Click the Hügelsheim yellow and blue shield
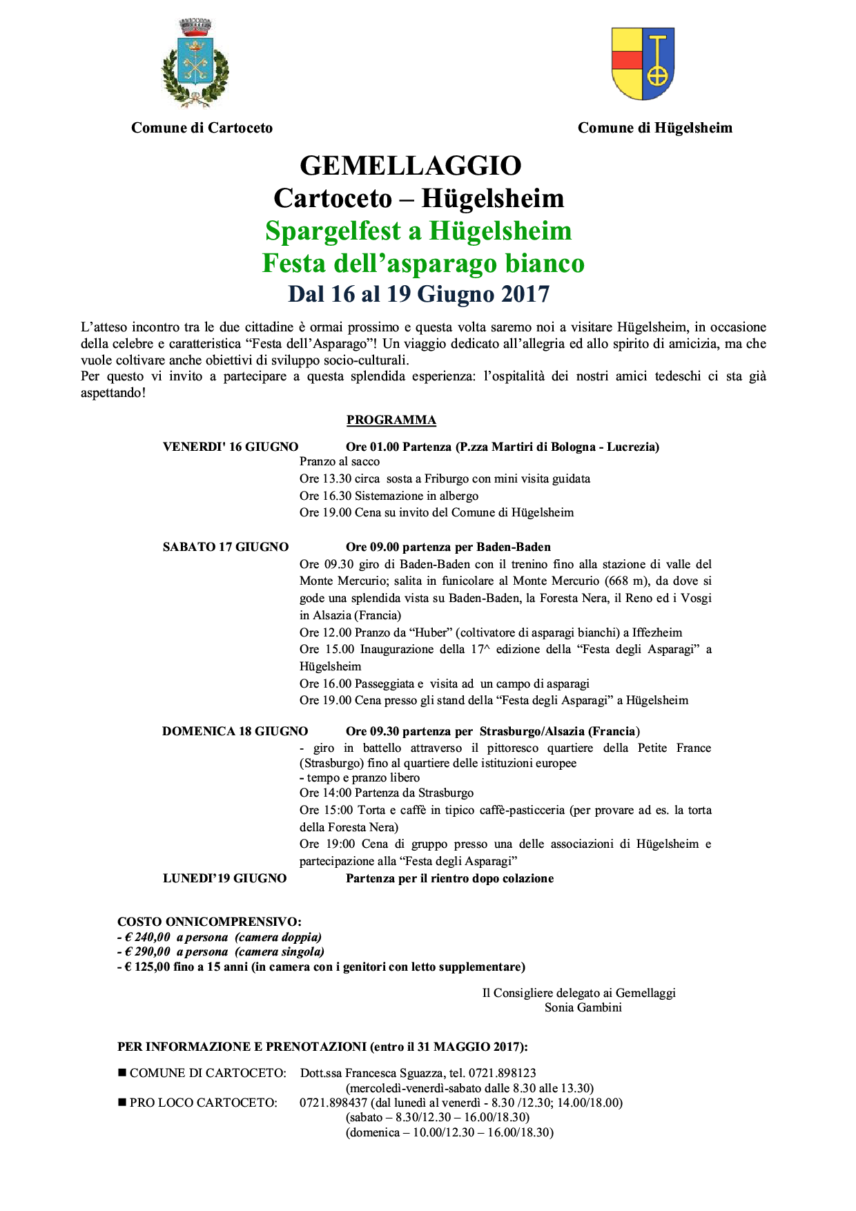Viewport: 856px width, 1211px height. coord(643,64)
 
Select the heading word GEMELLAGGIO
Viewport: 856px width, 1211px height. coord(411,166)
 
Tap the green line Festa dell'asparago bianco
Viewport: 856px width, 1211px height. coord(423,263)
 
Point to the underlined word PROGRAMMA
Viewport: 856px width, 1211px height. coord(391,420)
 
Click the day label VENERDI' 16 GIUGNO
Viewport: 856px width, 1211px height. coord(231,447)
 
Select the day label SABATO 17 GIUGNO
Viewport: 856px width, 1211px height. coord(226,547)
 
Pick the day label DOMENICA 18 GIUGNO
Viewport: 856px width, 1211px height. coord(235,731)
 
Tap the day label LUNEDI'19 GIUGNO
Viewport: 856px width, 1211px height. coord(224,878)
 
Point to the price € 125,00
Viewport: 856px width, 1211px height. coord(147,967)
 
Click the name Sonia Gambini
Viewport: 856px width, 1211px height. coord(583,1007)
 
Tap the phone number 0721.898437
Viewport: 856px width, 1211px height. coord(333,1103)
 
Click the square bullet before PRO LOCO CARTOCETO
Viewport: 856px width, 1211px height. coord(122,1103)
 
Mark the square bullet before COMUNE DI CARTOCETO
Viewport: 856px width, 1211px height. coord(122,1073)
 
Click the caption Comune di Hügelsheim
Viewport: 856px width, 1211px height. coord(654,128)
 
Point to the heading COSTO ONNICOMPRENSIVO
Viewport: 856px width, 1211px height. coord(209,922)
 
